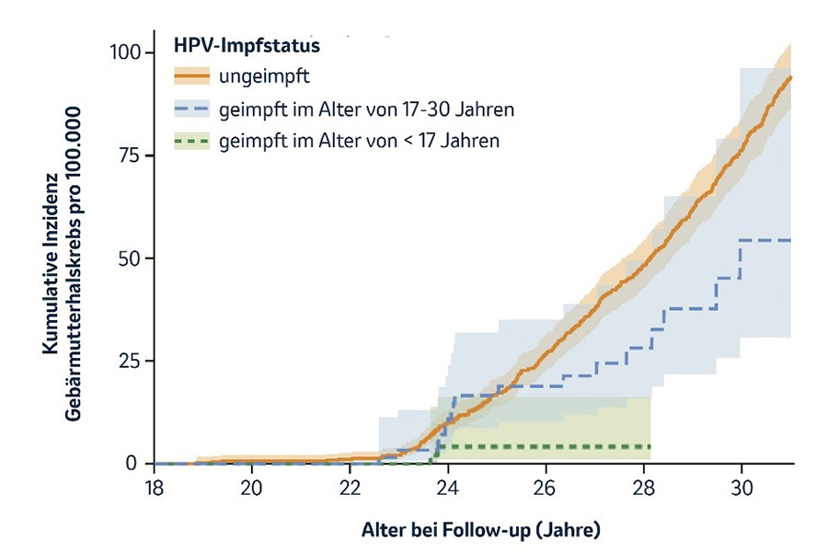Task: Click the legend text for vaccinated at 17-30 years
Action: [x=366, y=109]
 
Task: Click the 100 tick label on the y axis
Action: [x=121, y=52]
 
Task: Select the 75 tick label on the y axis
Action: [x=126, y=155]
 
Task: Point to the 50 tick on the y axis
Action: [x=126, y=258]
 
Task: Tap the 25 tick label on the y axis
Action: [x=126, y=361]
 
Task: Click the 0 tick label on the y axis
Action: [x=132, y=464]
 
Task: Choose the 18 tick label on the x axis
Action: [x=155, y=488]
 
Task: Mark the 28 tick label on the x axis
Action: [x=643, y=488]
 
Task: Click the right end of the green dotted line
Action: [x=650, y=446]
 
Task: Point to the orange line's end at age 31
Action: [x=790, y=77]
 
